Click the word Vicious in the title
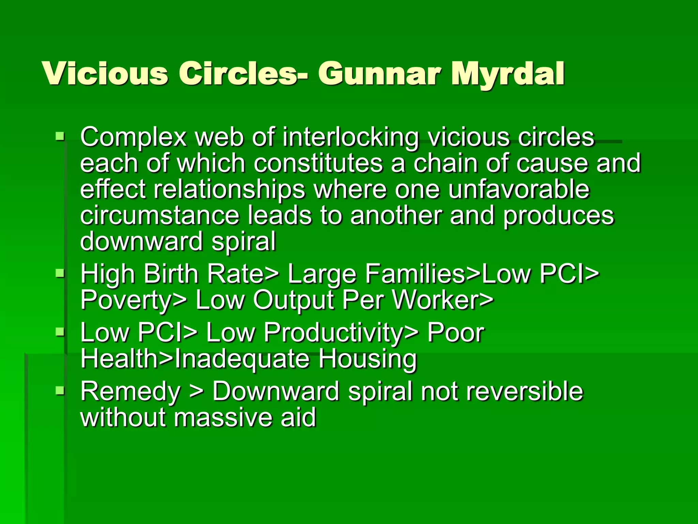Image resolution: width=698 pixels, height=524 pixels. [x=105, y=74]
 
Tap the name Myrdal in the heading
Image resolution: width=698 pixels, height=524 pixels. [x=507, y=74]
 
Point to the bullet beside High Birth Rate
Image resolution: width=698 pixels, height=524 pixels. [x=60, y=273]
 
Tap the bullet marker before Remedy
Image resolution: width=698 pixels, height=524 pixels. [x=60, y=391]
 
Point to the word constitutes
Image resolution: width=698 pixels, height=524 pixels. [x=318, y=163]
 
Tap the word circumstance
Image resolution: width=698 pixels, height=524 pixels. [x=160, y=216]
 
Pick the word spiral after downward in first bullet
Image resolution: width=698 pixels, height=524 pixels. [x=243, y=242]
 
